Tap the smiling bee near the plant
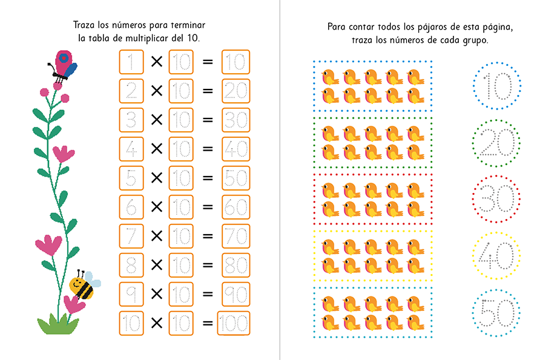[x=84, y=285]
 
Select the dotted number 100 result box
[x=234, y=323]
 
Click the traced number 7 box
[x=131, y=236]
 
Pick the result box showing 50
[x=236, y=178]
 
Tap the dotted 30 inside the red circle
[x=496, y=199]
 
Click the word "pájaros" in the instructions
[x=430, y=27]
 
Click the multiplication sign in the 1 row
[x=157, y=62]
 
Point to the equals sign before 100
[x=208, y=323]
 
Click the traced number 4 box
[x=131, y=149]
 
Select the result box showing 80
[x=236, y=265]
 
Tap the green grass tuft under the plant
[x=58, y=324]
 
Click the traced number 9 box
[x=131, y=294]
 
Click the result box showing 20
[x=236, y=91]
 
